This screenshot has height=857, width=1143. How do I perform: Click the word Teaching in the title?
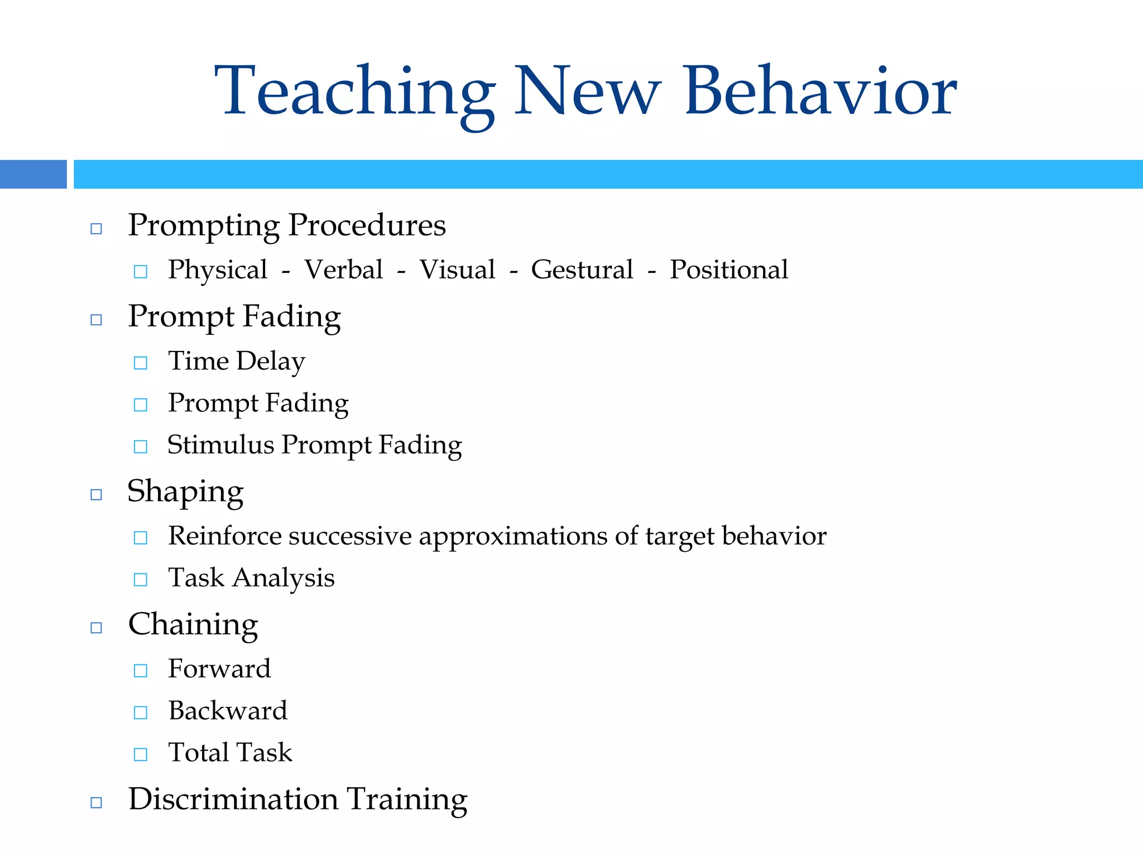pyautogui.click(x=355, y=92)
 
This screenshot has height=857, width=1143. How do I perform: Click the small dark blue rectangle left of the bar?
pyautogui.click(x=33, y=174)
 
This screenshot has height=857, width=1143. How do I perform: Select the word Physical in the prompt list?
pyautogui.click(x=218, y=271)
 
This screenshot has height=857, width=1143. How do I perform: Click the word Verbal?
pyautogui.click(x=343, y=270)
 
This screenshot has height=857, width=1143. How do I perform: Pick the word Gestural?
pyautogui.click(x=582, y=271)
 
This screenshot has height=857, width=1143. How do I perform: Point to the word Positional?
pyautogui.click(x=729, y=270)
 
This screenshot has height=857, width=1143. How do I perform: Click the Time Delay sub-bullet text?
pyautogui.click(x=237, y=362)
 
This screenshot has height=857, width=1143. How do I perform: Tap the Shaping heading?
pyautogui.click(x=185, y=493)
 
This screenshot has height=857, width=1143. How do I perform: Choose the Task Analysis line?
pyautogui.click(x=251, y=579)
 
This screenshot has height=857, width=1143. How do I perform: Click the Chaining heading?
pyautogui.click(x=193, y=624)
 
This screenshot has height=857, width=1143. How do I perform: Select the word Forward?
pyautogui.click(x=219, y=669)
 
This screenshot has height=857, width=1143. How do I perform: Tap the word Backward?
pyautogui.click(x=228, y=711)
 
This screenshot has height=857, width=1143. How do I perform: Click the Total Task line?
pyautogui.click(x=230, y=753)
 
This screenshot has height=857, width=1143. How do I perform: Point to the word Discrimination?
pyautogui.click(x=233, y=799)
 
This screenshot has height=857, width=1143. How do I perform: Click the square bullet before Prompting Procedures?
pyautogui.click(x=96, y=229)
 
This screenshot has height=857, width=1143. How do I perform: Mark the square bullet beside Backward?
pyautogui.click(x=141, y=712)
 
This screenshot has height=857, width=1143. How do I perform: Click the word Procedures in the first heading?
pyautogui.click(x=367, y=226)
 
